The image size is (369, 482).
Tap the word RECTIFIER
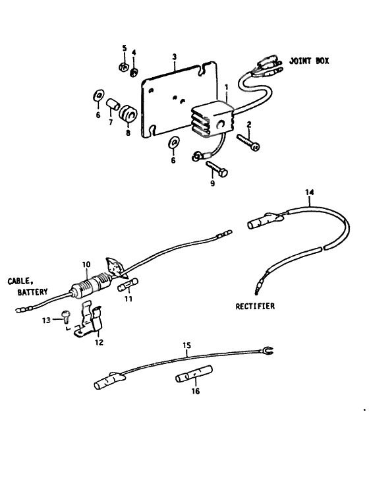click(x=255, y=306)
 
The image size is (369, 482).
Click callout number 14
click(x=309, y=192)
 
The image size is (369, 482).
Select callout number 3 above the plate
click(x=173, y=57)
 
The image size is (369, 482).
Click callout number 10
click(x=86, y=264)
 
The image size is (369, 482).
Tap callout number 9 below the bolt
click(x=212, y=183)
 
